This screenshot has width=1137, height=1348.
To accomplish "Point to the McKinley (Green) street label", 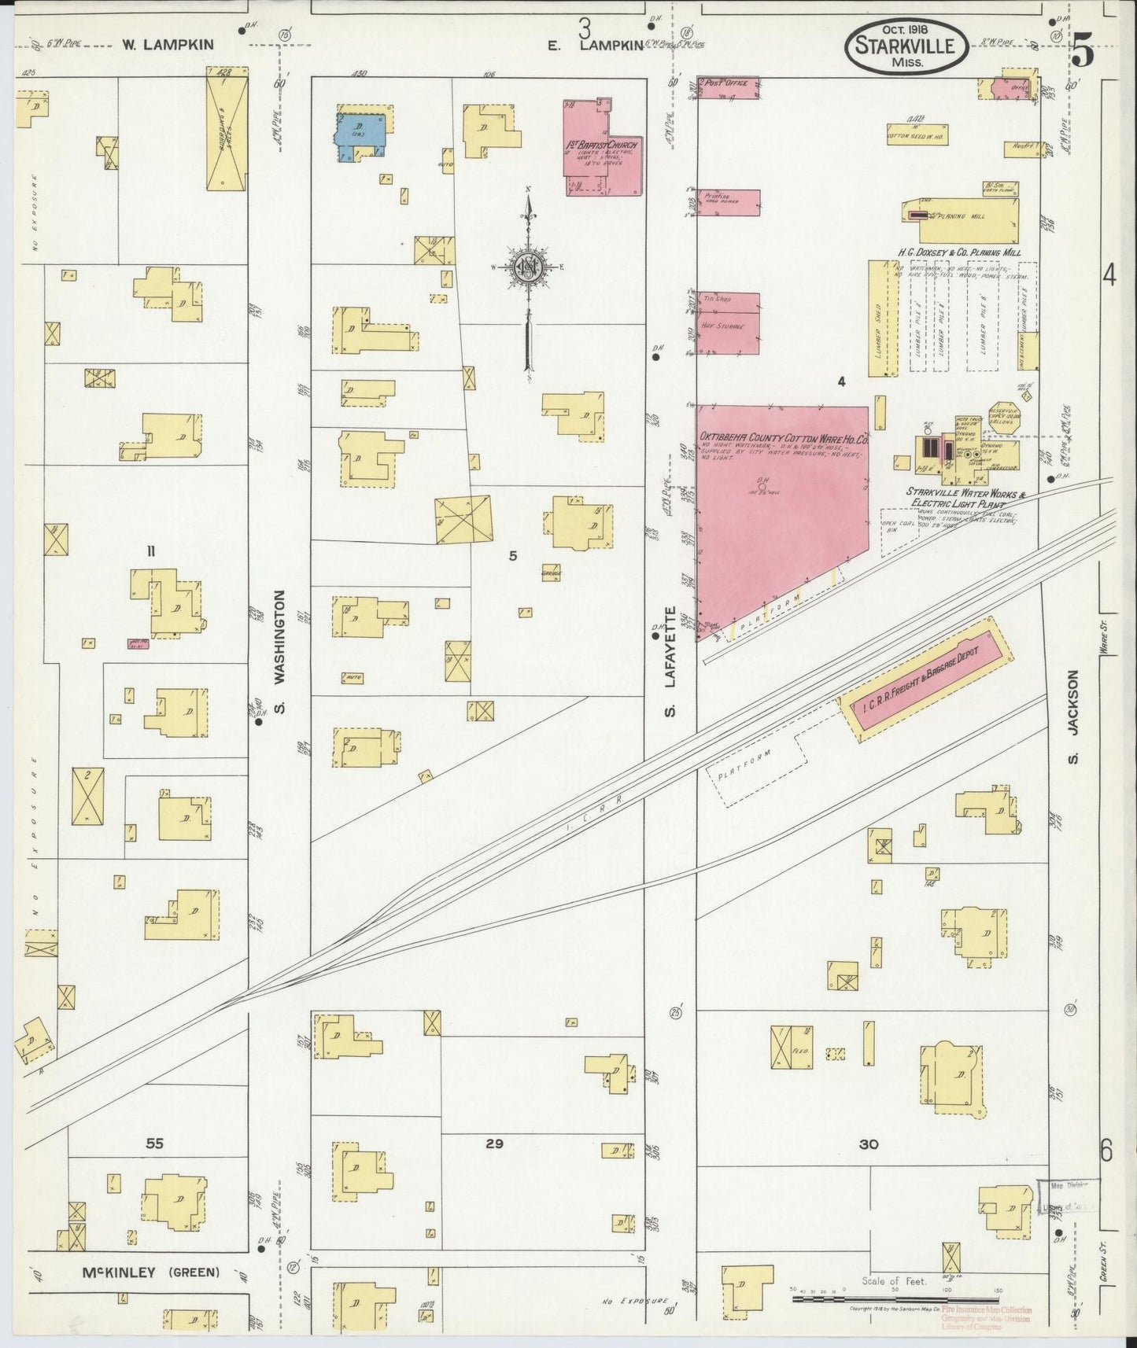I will coord(150,1272).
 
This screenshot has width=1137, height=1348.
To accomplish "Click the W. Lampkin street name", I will coord(168,45).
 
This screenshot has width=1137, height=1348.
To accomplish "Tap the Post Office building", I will coord(729,87).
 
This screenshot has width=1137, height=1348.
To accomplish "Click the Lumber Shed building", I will coord(883,319).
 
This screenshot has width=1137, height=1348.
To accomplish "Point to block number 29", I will coord(494,1144).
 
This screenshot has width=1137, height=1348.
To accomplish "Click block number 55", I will coord(154,1144).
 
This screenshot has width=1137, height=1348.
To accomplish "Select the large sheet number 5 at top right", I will coord(1083,53).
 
